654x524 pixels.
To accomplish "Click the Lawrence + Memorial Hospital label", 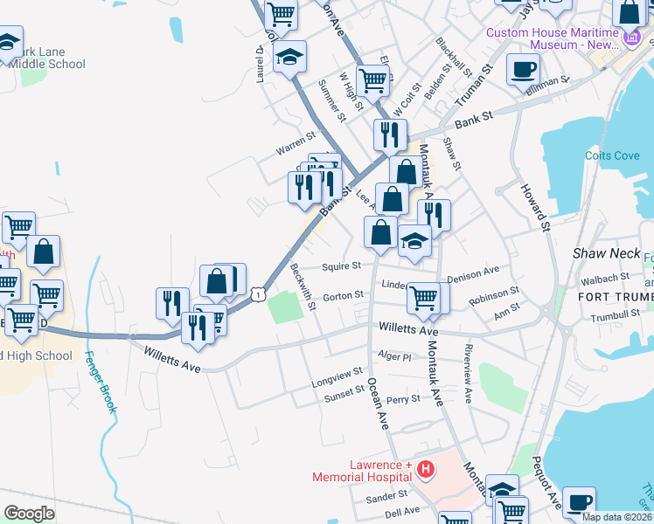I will (362, 471).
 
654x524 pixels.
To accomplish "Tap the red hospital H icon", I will (425, 470).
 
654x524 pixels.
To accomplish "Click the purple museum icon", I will (632, 37).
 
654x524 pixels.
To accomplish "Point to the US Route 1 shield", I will (259, 296).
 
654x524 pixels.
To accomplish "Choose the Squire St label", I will (341, 266).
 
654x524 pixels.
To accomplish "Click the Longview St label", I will (337, 378).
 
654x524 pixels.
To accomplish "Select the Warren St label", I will (296, 144).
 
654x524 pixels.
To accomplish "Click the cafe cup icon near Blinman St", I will (523, 69).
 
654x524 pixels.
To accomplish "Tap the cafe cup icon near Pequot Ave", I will (578, 502).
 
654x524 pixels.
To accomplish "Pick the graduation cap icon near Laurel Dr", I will (289, 58).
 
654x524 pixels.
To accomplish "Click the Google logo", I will (30, 514).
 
